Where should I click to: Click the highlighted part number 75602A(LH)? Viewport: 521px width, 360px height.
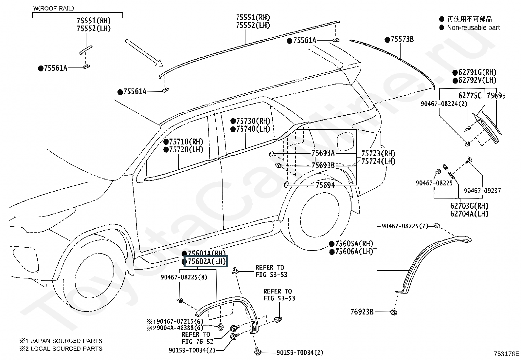tap(207, 261)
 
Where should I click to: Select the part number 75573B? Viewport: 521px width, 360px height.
tap(402, 39)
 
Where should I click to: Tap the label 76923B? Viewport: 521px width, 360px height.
tap(362, 312)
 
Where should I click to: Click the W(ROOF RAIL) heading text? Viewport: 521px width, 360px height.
tap(54, 9)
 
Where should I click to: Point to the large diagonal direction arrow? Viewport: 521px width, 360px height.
tap(144, 53)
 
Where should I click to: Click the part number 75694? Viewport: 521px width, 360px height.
tap(325, 185)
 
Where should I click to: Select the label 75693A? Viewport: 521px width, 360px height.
tap(323, 153)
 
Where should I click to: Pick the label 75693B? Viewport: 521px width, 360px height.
tap(323, 165)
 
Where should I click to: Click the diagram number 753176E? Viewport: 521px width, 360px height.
tap(506, 354)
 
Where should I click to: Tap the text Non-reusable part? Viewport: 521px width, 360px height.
tap(473, 28)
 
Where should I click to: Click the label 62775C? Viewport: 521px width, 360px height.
tap(470, 95)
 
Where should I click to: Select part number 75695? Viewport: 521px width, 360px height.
tap(496, 95)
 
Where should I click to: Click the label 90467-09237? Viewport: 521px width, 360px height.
tap(482, 191)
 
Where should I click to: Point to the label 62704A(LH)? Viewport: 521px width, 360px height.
tap(469, 214)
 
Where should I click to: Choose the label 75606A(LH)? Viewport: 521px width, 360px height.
tap(354, 252)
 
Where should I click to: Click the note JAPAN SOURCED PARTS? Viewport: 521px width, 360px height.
tap(66, 341)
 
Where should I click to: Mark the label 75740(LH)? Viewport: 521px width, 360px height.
tap(253, 129)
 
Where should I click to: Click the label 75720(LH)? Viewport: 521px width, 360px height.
tap(186, 149)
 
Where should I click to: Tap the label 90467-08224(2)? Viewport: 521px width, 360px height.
tap(444, 104)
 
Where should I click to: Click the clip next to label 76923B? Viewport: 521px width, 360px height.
tap(394, 312)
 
